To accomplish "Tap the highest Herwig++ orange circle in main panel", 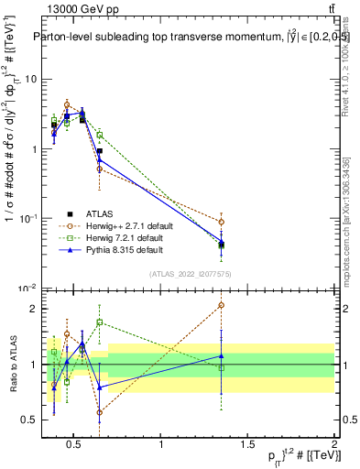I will tap(67, 104).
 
